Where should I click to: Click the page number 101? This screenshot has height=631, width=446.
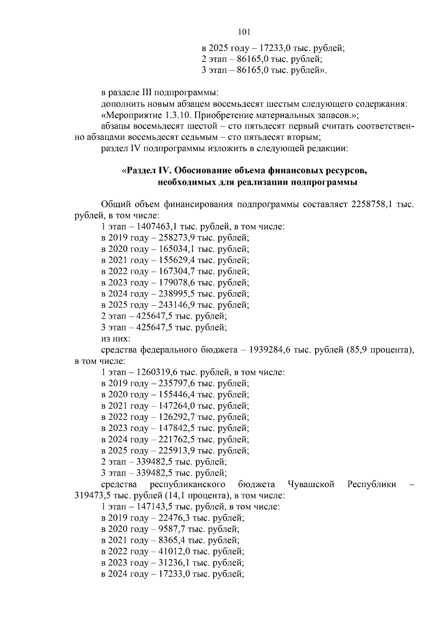pos(244,32)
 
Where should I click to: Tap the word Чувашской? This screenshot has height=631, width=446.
pos(311,484)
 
